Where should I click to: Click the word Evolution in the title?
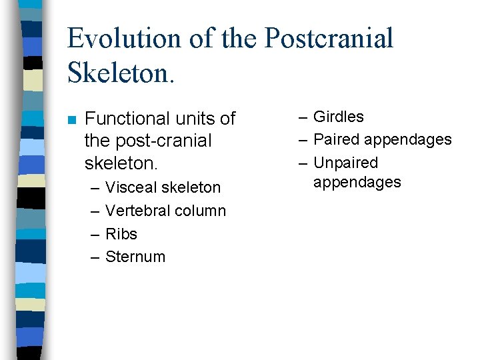pyautogui.click(x=123, y=38)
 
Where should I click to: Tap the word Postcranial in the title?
pyautogui.click(x=329, y=38)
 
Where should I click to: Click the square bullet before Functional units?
pyautogui.click(x=72, y=120)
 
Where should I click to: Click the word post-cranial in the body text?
pyautogui.click(x=163, y=141)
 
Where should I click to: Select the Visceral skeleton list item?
pyautogui.click(x=163, y=187)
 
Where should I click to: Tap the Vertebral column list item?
pyautogui.click(x=165, y=211)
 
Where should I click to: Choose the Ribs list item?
pyautogui.click(x=121, y=234)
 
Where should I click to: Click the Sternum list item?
pyautogui.click(x=135, y=257)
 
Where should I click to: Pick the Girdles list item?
pyautogui.click(x=338, y=117)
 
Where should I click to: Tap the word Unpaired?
pyautogui.click(x=345, y=163)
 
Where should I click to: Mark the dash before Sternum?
pyautogui.click(x=94, y=257)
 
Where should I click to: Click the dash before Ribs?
pyautogui.click(x=94, y=234)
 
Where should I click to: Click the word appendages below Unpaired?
pyautogui.click(x=357, y=182)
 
